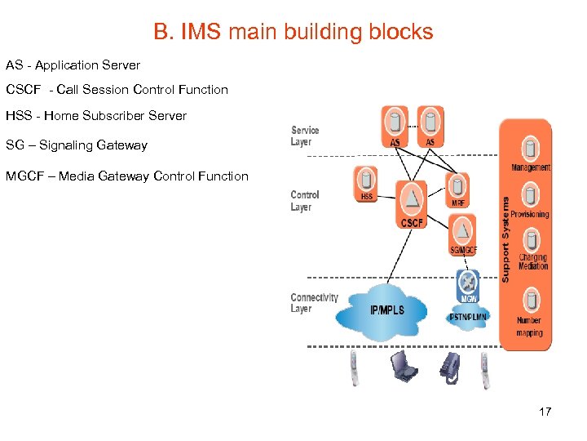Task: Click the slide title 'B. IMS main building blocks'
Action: point(293,33)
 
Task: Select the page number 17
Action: point(545,412)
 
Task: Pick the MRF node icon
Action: point(458,185)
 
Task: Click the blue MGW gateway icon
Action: point(468,283)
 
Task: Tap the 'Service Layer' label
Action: point(305,136)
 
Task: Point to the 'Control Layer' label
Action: point(305,201)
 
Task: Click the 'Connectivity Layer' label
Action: point(314,302)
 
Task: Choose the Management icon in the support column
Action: point(531,149)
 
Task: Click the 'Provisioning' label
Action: point(530,214)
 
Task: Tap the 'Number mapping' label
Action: point(529,327)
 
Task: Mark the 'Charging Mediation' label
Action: point(533,261)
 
